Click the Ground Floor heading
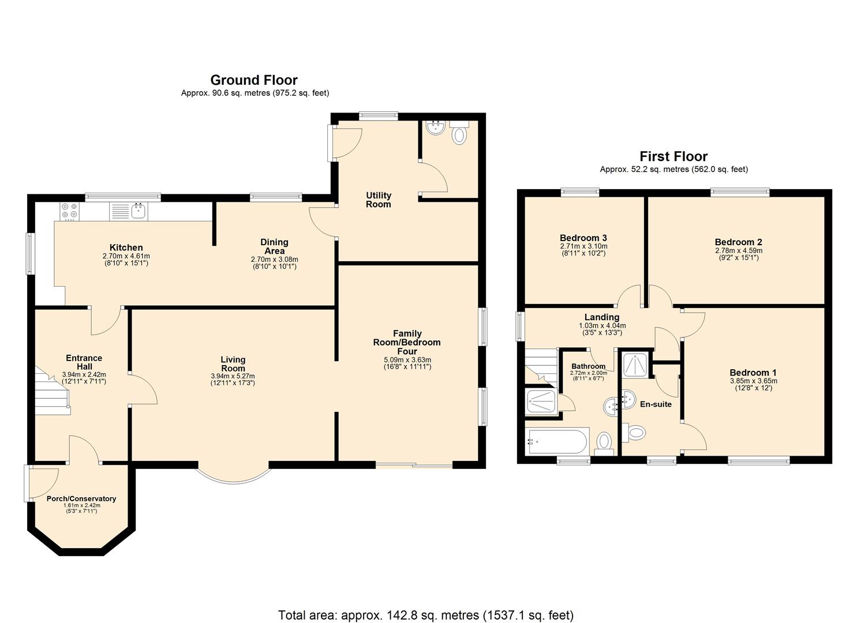[x=254, y=80]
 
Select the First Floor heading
[x=673, y=156]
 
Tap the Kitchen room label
[x=126, y=247]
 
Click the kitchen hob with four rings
[x=69, y=212]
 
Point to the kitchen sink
[x=139, y=211]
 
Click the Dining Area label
[x=274, y=246]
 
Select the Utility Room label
[x=378, y=200]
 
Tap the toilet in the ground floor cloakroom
[x=459, y=136]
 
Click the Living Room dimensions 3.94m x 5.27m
[x=233, y=376]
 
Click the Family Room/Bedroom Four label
[x=408, y=342]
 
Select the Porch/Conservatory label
[x=81, y=498]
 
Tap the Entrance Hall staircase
[x=51, y=392]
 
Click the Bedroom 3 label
[x=583, y=238]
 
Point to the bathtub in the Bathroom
[x=557, y=442]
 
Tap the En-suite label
[x=656, y=404]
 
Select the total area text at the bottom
[x=425, y=615]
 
